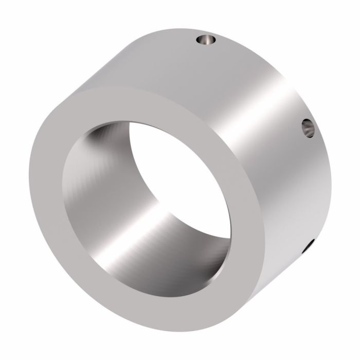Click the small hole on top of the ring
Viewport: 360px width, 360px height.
(x=207, y=40)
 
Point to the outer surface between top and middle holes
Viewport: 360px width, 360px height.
(x=267, y=77)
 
